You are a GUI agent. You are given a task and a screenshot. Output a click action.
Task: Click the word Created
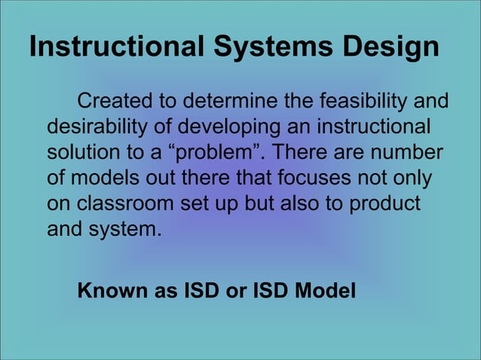click(x=115, y=101)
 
